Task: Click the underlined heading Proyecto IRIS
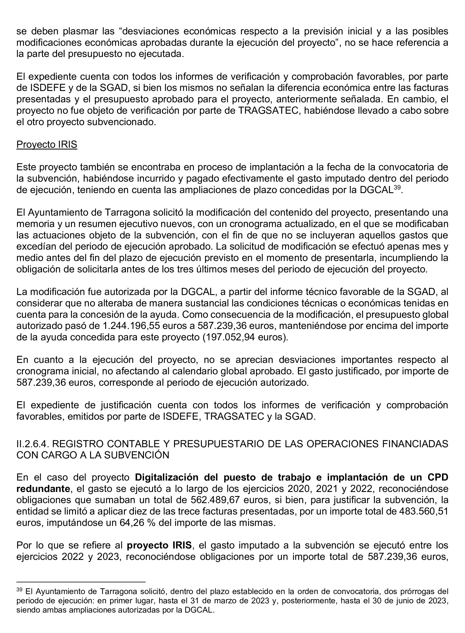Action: (x=47, y=145)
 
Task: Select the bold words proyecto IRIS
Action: (x=159, y=545)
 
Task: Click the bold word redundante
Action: (x=43, y=489)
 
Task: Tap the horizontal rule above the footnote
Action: (x=81, y=581)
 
